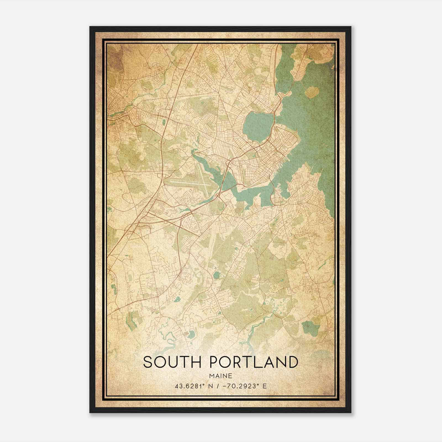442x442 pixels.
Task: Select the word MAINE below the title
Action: point(221,376)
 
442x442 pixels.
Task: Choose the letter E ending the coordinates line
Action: point(265,386)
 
